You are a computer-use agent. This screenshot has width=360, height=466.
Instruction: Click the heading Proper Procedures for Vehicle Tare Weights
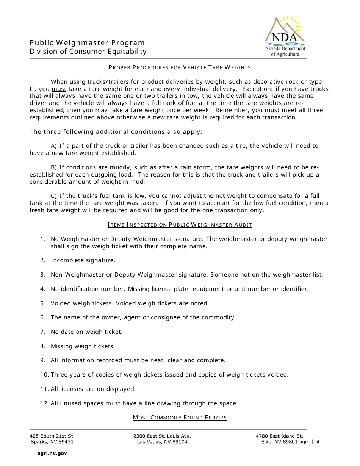click(x=180, y=68)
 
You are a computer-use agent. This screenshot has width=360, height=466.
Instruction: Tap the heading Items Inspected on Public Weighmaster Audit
click(x=180, y=225)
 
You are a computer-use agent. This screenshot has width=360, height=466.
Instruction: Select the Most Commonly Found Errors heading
click(x=180, y=418)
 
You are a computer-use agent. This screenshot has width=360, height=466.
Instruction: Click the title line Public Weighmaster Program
click(x=87, y=43)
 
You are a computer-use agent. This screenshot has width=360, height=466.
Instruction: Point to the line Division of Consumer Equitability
click(x=88, y=52)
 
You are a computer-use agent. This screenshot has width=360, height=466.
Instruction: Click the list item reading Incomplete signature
click(x=83, y=260)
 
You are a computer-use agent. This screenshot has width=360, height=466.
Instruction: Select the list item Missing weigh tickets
click(x=83, y=346)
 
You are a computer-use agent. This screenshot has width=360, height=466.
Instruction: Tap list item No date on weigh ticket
click(x=86, y=332)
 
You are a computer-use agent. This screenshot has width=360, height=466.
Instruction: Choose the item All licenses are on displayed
click(x=93, y=389)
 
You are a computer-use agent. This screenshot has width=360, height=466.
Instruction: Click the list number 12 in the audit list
click(x=44, y=403)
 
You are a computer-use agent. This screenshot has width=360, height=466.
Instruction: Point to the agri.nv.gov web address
click(x=52, y=453)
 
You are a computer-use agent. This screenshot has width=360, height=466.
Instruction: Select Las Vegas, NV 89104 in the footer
click(x=162, y=442)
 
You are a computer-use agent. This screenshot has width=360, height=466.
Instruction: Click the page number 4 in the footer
click(x=318, y=442)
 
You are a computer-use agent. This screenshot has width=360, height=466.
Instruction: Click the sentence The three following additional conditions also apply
click(x=116, y=132)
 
